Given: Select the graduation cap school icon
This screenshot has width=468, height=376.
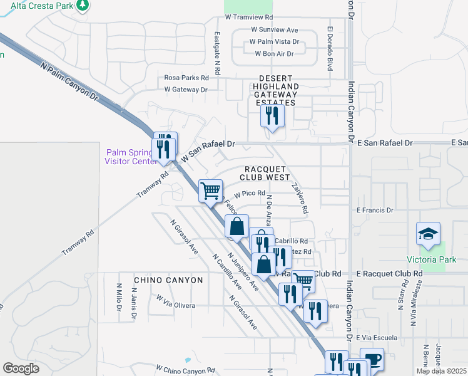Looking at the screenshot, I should click(429, 234).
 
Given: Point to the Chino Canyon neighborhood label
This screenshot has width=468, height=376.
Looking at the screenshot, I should click(168, 280).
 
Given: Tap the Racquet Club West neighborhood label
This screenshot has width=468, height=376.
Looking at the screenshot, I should click(265, 174).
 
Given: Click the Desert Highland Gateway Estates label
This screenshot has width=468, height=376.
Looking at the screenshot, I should click(276, 90).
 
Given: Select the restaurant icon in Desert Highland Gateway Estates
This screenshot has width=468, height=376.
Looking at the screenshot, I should click(272, 115).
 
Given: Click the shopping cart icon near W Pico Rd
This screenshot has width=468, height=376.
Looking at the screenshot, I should click(211, 189).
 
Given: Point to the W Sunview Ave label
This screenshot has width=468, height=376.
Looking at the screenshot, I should click(274, 29).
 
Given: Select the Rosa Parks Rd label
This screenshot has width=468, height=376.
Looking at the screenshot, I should click(186, 78).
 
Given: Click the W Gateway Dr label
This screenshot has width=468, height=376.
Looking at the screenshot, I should click(186, 90).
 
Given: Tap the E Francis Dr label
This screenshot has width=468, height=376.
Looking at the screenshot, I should click(373, 211).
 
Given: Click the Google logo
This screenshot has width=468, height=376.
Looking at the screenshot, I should click(21, 368).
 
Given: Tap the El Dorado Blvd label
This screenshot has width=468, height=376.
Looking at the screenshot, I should click(329, 48).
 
